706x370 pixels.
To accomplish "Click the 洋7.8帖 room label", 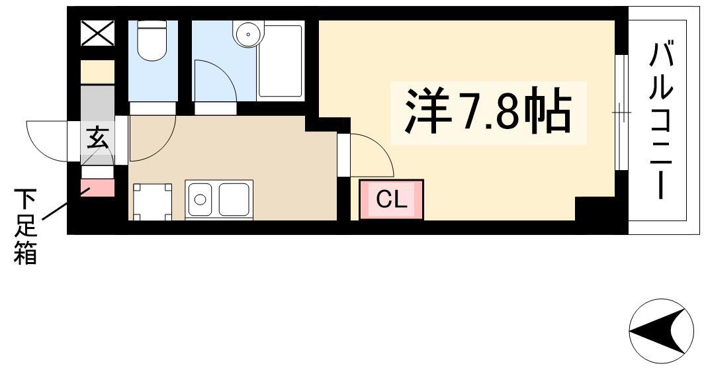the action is click(x=488, y=111).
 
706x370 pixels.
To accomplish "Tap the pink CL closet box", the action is click(x=391, y=200).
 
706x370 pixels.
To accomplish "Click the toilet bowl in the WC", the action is click(x=152, y=41).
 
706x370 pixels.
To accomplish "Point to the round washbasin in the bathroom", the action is click(x=247, y=34).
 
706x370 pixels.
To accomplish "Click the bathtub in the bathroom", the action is click(x=280, y=61).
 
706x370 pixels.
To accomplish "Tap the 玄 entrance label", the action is click(x=97, y=137).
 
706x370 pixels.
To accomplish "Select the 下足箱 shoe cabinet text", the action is click(x=24, y=226).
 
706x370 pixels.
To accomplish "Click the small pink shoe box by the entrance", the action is click(x=97, y=187).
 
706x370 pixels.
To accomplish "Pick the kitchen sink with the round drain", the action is click(x=200, y=199).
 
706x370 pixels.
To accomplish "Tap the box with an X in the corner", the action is click(x=97, y=33).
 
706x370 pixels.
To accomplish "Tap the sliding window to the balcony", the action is click(x=622, y=113).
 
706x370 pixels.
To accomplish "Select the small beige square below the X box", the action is click(x=97, y=72).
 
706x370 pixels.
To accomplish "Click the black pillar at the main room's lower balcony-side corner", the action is click(x=595, y=208).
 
